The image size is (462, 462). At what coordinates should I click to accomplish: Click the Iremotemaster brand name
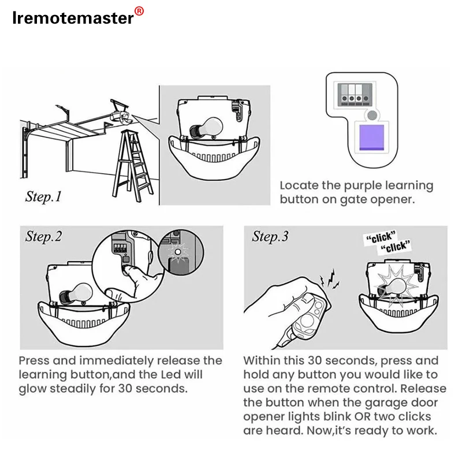click(73, 18)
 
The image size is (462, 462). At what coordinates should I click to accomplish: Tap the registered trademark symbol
click(139, 11)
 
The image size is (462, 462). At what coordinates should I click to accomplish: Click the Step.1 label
click(43, 196)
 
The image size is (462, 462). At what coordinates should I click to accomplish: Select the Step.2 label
click(43, 236)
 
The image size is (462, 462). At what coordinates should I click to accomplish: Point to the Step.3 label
click(270, 236)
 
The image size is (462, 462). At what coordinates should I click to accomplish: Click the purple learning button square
click(372, 137)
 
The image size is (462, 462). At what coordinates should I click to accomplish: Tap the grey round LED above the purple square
click(372, 115)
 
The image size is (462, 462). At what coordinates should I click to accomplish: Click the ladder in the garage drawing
click(132, 166)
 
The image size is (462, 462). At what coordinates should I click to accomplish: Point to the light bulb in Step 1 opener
click(206, 128)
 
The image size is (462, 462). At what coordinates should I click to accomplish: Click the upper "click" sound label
click(381, 237)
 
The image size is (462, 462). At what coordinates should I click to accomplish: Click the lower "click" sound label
click(395, 247)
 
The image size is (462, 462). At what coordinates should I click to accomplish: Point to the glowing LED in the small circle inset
click(178, 252)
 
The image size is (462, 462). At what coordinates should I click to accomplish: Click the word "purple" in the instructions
click(363, 186)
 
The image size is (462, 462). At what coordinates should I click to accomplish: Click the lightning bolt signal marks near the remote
click(330, 279)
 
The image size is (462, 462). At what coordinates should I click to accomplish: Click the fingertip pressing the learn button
click(127, 269)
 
